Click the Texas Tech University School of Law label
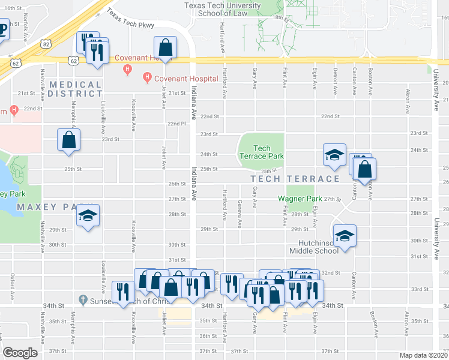pos(222,9)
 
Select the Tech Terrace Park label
pos(261,152)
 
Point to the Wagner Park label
pos(300,199)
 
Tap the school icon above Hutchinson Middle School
pos(345,237)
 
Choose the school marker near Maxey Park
pos(88,217)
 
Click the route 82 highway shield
pos(46,44)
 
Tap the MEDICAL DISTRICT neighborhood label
pos(76,89)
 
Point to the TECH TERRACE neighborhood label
pos(295,179)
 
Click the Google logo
pos(20,353)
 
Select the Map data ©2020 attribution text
pos(423,355)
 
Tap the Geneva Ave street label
pos(240,215)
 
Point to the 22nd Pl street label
pos(175,124)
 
